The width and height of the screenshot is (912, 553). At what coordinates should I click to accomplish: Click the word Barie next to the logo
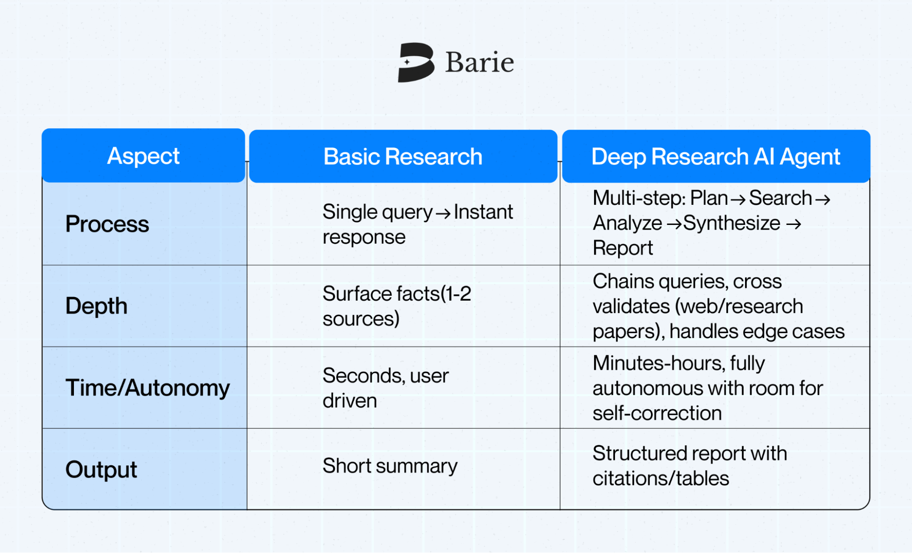[x=479, y=63]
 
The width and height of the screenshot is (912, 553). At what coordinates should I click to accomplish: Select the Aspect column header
[x=143, y=156]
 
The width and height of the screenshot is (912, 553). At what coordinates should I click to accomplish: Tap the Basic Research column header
[x=403, y=157]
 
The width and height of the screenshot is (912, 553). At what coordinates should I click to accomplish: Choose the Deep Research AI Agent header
[x=716, y=157]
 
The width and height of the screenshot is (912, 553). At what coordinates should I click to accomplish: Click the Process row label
[x=107, y=224]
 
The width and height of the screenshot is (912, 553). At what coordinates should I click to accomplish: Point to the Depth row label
[x=96, y=306]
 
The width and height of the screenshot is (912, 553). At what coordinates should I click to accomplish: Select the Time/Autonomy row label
[x=147, y=388]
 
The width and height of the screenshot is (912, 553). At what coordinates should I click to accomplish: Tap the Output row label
[x=101, y=470]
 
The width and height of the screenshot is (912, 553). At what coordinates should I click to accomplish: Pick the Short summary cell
[x=390, y=466]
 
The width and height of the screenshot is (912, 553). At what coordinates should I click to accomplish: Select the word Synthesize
[x=732, y=224]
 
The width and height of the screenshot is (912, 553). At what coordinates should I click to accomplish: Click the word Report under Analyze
[x=623, y=248]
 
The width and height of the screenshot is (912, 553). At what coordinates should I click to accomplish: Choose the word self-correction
[x=657, y=413]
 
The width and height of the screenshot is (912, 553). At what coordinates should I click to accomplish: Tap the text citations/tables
[x=661, y=479]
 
